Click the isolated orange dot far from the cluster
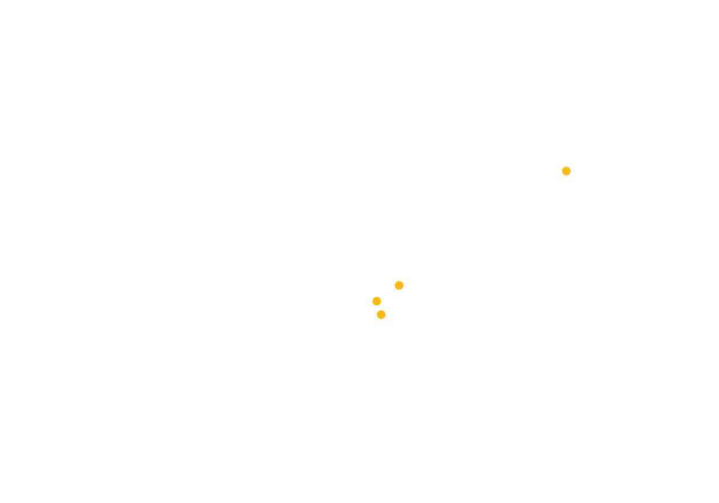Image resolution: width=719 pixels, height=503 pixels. [x=566, y=171]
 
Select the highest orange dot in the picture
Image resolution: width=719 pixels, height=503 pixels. [x=566, y=171]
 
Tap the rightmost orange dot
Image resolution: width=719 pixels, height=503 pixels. [x=566, y=171]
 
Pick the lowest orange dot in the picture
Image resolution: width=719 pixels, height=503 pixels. [x=381, y=314]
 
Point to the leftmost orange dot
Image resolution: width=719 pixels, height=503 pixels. [x=376, y=301]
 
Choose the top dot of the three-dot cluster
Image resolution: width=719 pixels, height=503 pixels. [x=399, y=285]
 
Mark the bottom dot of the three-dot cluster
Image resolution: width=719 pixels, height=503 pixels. [x=381, y=314]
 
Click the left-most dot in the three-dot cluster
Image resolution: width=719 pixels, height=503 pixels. [x=376, y=301]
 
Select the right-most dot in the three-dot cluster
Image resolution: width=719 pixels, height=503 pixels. [x=399, y=285]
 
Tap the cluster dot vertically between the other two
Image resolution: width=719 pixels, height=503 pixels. [x=376, y=301]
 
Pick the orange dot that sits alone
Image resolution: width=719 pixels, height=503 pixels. [x=566, y=171]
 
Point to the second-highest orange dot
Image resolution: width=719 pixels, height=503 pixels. [x=399, y=285]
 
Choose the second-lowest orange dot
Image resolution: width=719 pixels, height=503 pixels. [x=376, y=301]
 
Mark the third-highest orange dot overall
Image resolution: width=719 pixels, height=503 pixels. [x=376, y=301]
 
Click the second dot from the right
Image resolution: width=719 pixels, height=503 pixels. [x=399, y=285]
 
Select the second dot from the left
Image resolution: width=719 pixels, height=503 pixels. [x=381, y=314]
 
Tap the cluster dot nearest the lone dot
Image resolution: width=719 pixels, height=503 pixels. [x=399, y=285]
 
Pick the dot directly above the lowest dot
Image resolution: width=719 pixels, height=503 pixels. [x=376, y=301]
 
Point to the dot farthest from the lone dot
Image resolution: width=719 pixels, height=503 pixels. [x=381, y=314]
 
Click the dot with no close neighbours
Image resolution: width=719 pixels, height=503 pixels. [x=566, y=171]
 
